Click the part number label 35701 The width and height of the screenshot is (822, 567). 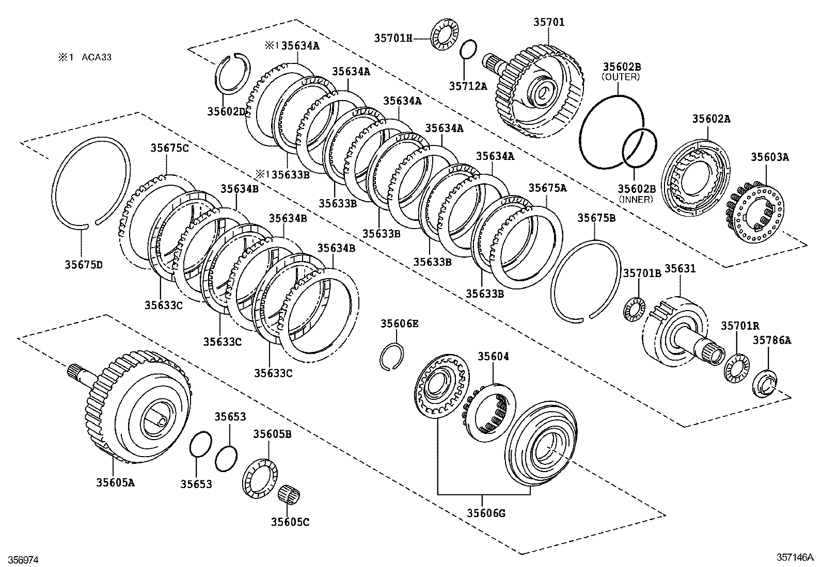pyautogui.click(x=549, y=22)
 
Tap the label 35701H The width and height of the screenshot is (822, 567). pyautogui.click(x=393, y=37)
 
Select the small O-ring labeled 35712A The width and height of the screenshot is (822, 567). pyautogui.click(x=468, y=50)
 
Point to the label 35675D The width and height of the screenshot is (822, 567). pyautogui.click(x=83, y=265)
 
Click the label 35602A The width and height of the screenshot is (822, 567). pyautogui.click(x=711, y=119)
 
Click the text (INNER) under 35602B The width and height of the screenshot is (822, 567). pyautogui.click(x=636, y=199)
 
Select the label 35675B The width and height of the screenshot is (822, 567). pyautogui.click(x=596, y=218)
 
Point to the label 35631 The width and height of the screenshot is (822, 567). pyautogui.click(x=679, y=269)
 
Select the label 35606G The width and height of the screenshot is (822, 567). pyautogui.click(x=486, y=513)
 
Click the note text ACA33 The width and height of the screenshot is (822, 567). pyautogui.click(x=97, y=57)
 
